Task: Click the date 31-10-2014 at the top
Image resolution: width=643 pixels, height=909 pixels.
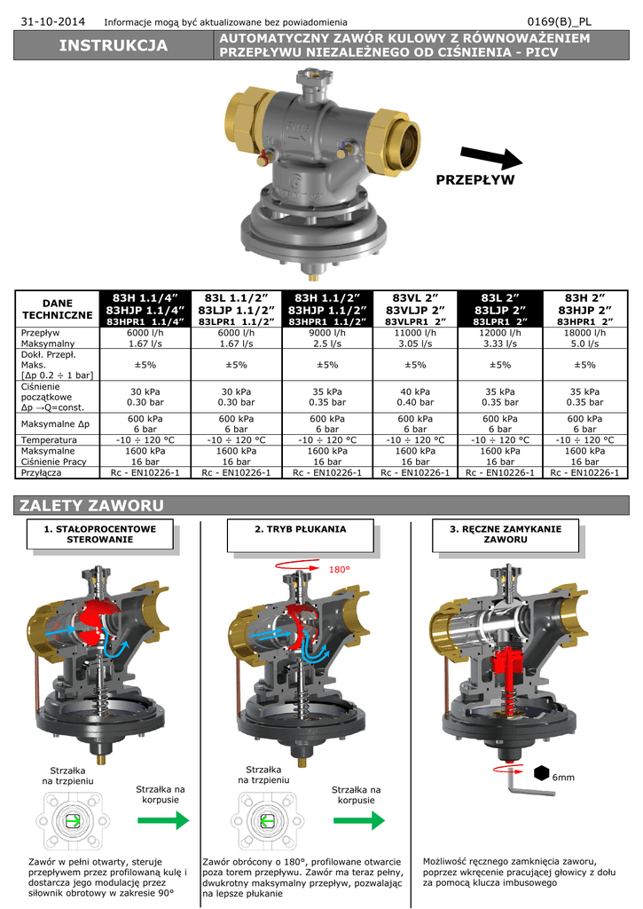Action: [52, 22]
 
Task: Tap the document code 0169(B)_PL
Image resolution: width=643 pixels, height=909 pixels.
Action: [559, 22]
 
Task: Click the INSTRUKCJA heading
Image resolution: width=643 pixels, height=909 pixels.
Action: [114, 45]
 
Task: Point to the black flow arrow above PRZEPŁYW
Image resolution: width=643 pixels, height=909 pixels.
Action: [491, 158]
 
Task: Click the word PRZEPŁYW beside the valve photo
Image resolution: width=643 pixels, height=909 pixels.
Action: [475, 179]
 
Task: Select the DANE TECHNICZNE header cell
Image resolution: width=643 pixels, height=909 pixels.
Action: [58, 309]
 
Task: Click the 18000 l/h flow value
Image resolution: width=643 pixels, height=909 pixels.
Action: [585, 333]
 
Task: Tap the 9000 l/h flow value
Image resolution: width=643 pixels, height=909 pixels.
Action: [327, 333]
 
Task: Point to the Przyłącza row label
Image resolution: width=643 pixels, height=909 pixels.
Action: [41, 472]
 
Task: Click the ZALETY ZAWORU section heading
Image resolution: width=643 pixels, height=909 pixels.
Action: [91, 505]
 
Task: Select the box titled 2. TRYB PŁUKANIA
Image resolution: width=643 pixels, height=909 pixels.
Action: [300, 535]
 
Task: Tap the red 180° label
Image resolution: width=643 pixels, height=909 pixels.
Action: [340, 569]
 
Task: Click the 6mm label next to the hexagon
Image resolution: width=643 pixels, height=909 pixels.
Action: [563, 778]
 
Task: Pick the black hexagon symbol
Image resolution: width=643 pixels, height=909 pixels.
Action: [542, 773]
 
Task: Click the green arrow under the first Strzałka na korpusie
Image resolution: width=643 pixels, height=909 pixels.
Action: [163, 820]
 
